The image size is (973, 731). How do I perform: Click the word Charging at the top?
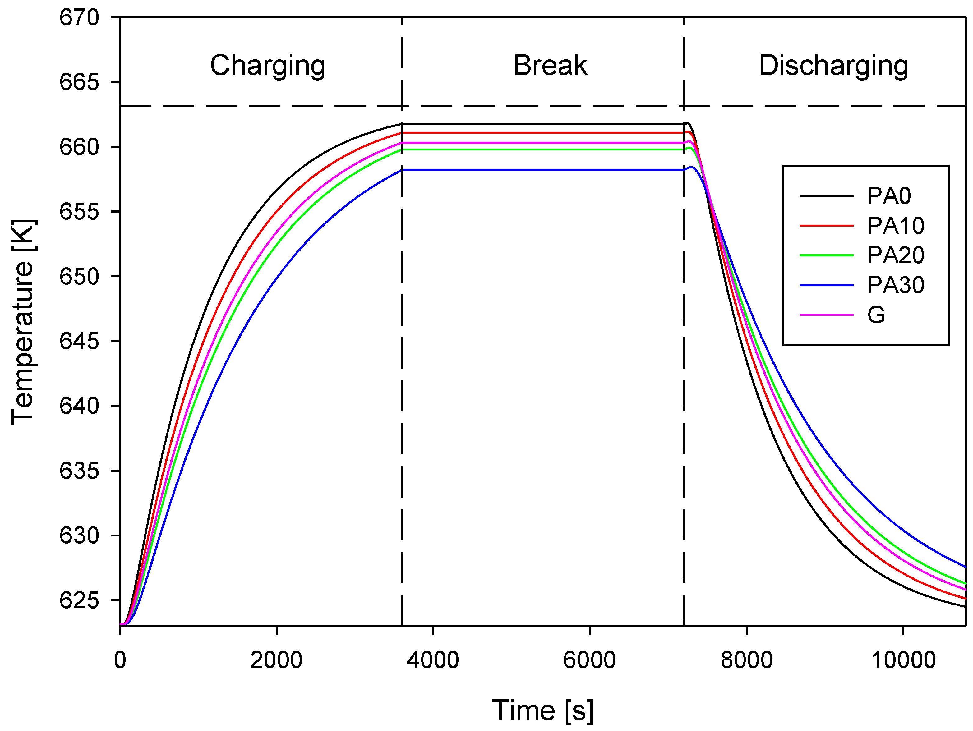pos(267,66)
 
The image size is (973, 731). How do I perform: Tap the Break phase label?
pos(550,66)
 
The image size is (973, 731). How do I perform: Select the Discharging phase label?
pos(833,66)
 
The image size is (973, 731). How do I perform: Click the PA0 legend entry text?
pos(888,196)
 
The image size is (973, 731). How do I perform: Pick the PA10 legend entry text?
pos(896,226)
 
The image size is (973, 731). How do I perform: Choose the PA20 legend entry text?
pos(896,255)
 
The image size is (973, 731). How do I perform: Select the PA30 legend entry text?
pos(896,285)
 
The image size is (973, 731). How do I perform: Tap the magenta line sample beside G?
pos(826,315)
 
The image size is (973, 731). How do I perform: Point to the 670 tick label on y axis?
pos(79,18)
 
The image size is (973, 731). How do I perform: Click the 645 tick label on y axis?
pos(79,341)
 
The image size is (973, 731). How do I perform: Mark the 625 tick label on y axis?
pos(79,600)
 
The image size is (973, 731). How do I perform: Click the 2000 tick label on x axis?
pos(276,660)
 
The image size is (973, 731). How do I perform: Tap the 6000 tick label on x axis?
pos(589,660)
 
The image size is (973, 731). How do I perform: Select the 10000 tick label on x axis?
pos(903,660)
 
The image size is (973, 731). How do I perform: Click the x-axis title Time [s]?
pos(542,710)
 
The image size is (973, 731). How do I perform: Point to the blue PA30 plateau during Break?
pos(541,170)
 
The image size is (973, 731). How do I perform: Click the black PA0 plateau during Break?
pos(541,124)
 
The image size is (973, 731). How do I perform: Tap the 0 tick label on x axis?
pos(120,660)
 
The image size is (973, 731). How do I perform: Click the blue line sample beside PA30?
pos(826,285)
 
